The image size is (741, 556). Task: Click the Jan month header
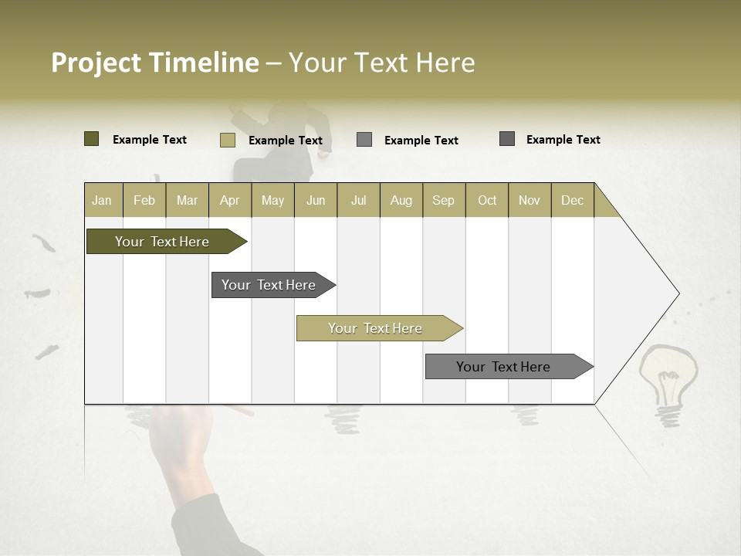tap(102, 200)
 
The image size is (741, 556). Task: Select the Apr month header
tap(230, 200)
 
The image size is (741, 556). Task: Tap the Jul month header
tap(358, 200)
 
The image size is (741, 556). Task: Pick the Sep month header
tap(443, 200)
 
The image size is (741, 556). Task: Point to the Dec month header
tap(572, 200)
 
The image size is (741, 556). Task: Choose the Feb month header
tap(144, 200)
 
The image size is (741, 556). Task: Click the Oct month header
tap(487, 200)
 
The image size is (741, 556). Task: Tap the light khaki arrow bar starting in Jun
tap(376, 328)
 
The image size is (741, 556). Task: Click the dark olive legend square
tap(92, 139)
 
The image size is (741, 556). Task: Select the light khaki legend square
tap(228, 140)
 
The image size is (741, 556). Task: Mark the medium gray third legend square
tap(364, 140)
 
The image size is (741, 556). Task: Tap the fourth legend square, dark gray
tap(507, 139)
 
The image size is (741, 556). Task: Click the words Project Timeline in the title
tap(154, 63)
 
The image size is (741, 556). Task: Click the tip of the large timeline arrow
tap(677, 293)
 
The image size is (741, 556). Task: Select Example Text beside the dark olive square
tap(150, 140)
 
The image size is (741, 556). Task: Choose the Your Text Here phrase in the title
tap(381, 63)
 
